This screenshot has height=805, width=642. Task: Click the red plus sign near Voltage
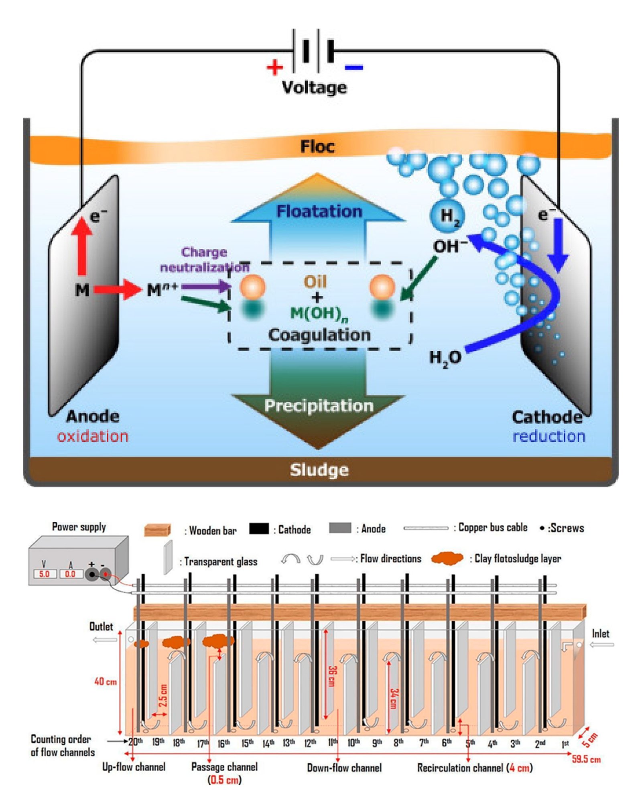click(274, 67)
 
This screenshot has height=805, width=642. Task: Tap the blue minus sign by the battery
click(354, 68)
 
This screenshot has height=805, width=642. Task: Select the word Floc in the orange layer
click(317, 146)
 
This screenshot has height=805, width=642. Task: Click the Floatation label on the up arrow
click(319, 211)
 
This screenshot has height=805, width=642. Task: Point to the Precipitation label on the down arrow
click(319, 406)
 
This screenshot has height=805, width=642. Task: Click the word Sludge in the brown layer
click(319, 470)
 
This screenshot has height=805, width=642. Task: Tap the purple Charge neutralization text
click(204, 259)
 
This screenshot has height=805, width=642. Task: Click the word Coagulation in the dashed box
click(319, 335)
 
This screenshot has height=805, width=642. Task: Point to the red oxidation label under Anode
click(93, 436)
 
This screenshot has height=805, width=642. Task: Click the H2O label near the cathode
click(445, 358)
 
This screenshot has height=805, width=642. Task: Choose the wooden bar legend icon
click(158, 530)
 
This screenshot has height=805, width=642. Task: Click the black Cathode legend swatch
click(259, 529)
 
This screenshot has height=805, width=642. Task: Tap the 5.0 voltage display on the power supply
click(44, 574)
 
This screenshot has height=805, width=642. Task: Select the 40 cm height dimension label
click(106, 681)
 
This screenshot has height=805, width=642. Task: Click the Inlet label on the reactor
click(600, 634)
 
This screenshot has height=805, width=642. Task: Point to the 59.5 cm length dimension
click(586, 759)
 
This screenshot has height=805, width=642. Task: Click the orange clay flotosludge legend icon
click(447, 558)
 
